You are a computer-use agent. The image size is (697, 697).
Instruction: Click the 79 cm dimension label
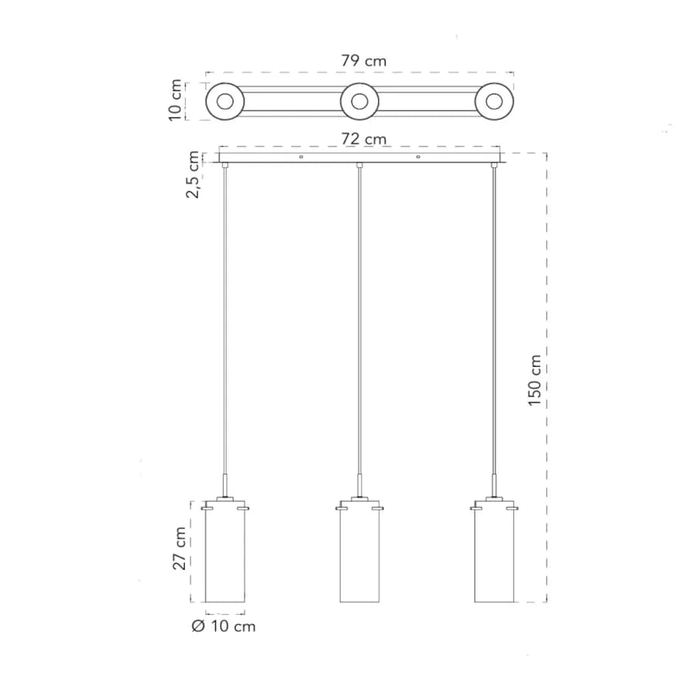364,60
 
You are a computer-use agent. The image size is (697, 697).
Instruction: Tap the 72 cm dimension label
364,139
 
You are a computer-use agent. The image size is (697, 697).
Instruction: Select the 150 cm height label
534,380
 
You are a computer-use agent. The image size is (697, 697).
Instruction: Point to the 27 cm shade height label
179,548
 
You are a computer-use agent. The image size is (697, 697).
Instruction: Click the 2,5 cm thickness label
193,174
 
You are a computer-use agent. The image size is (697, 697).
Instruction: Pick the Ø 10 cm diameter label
224,627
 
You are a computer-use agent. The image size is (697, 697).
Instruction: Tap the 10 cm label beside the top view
175,100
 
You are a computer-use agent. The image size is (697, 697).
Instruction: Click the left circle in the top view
225,101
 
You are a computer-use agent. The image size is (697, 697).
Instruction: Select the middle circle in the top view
359,101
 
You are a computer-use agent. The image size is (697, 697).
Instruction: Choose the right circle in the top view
494,101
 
